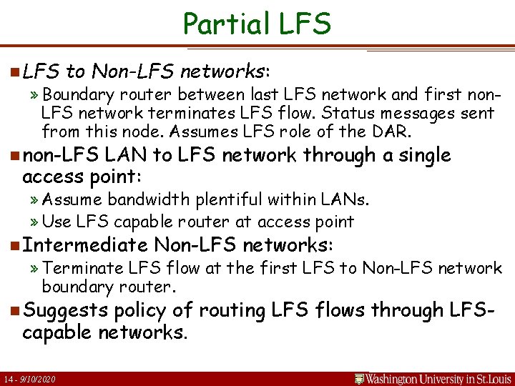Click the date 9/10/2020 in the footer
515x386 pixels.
point(40,378)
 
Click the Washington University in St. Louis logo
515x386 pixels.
point(433,377)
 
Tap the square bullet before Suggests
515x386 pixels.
point(14,312)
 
